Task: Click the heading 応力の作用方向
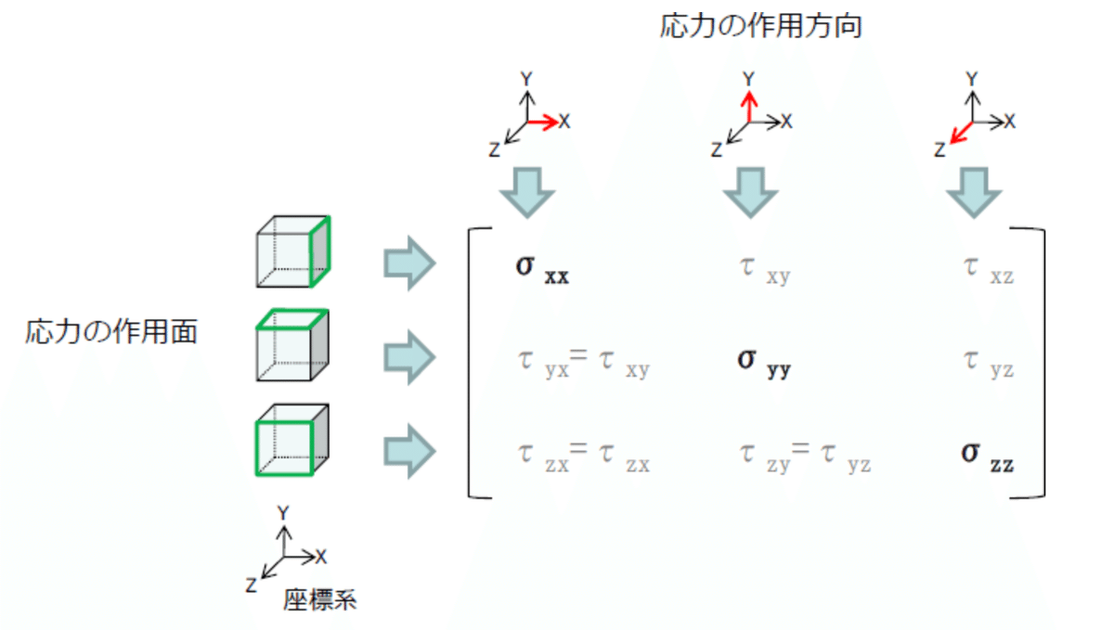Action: coord(760,26)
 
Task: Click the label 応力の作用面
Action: coord(111,331)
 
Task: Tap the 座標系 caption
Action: coord(319,599)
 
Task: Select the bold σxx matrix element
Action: coord(542,269)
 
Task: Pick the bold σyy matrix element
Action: coord(764,364)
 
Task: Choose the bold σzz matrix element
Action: coord(987,457)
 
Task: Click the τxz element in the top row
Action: coord(988,271)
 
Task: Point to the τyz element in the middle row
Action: coord(988,365)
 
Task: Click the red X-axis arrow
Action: coord(542,122)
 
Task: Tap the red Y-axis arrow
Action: coord(749,107)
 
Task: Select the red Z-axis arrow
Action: coord(961,133)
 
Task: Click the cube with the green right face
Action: coord(293,251)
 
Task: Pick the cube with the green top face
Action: coord(292,345)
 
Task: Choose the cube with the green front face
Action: coord(292,440)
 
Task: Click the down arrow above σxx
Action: coord(527,193)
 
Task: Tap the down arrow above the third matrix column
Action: coord(973,193)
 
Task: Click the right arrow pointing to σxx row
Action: coord(409,263)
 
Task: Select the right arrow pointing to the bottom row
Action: coord(409,451)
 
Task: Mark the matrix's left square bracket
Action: coord(470,363)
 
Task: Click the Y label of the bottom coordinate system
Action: coord(283,513)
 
